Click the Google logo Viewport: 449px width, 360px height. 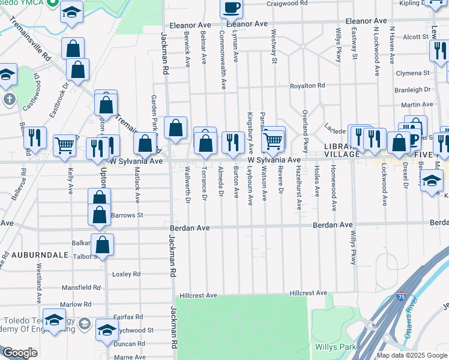(20, 353)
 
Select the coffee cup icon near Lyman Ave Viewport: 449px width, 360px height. (231, 8)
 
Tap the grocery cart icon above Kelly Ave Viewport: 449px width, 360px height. (65, 143)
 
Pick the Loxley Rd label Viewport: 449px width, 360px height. (126, 274)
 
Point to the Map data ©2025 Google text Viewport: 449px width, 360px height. (412, 355)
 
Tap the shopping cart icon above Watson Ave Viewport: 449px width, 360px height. (273, 140)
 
